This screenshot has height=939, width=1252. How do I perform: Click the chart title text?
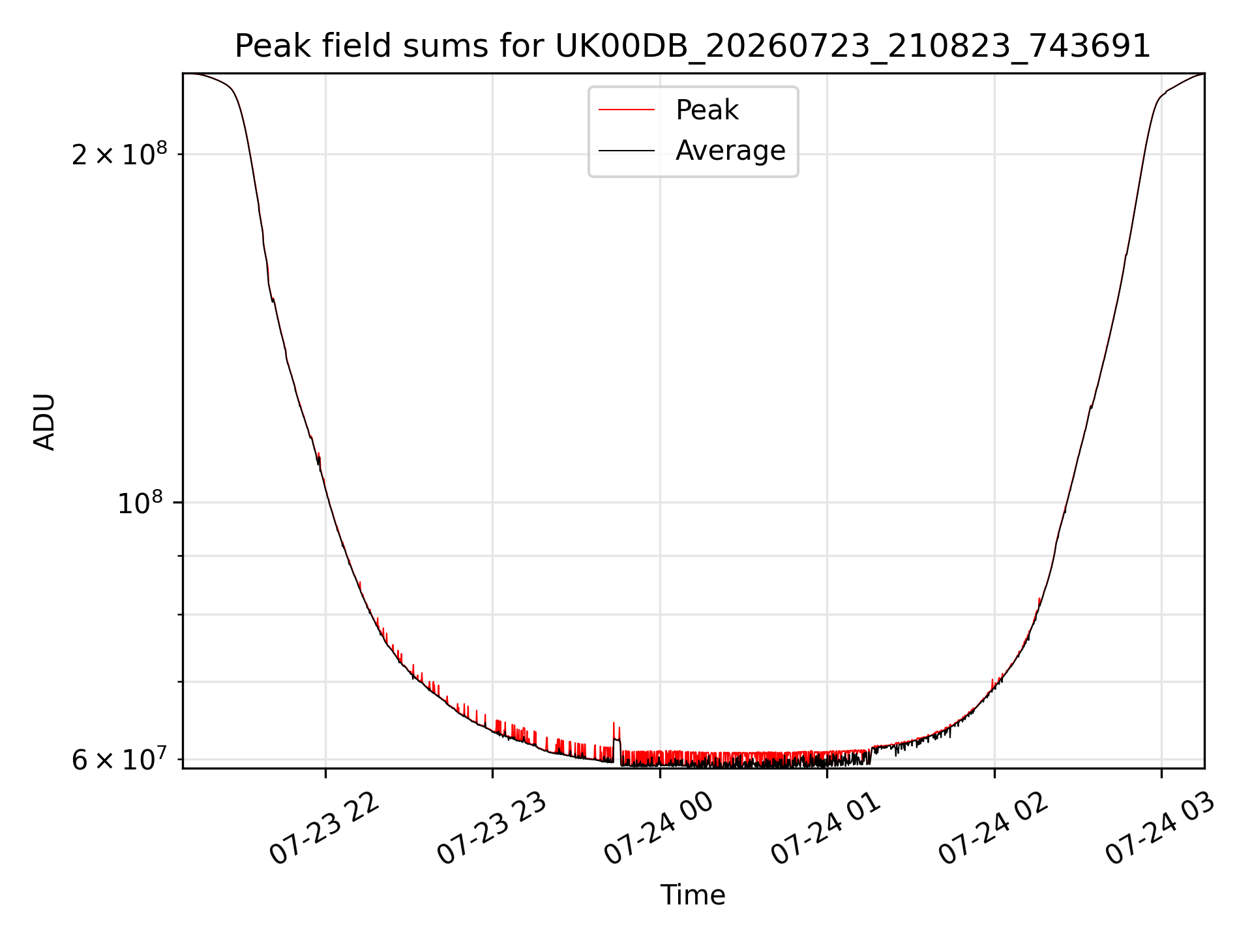point(693,46)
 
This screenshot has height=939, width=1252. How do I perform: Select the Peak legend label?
point(707,110)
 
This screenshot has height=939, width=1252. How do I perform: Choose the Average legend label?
point(730,151)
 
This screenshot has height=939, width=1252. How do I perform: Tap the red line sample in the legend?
point(627,110)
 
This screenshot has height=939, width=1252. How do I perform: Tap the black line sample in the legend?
point(627,151)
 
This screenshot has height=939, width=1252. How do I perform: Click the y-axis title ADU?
point(44,421)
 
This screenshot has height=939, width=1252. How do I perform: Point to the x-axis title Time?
point(693,895)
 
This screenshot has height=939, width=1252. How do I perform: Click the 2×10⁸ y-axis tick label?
point(120,154)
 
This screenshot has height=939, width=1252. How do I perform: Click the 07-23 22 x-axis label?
point(324,829)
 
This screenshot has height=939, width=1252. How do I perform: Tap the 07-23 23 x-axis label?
point(491,829)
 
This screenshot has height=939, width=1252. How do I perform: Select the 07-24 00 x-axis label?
point(659,829)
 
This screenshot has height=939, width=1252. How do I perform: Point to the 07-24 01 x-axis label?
point(826,829)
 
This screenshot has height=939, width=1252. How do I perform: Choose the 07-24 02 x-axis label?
point(993,829)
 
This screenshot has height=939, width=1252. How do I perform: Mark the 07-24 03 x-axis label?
point(1160,829)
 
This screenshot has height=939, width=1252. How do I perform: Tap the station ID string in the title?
point(853,46)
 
